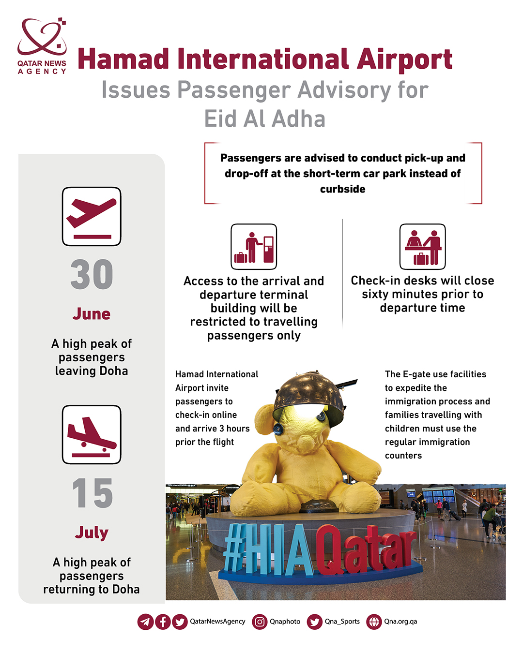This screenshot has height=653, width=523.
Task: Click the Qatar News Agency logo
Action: click(x=42, y=46)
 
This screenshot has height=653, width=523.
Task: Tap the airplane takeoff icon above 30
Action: click(x=92, y=216)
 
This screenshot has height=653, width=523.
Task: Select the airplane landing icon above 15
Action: click(x=92, y=434)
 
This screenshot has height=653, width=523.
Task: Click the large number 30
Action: click(x=92, y=275)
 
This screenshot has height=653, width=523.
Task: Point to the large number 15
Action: click(x=92, y=493)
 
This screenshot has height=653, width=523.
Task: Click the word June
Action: click(x=92, y=314)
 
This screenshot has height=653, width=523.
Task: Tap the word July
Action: click(x=92, y=533)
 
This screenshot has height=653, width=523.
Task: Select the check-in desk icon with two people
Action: click(x=422, y=247)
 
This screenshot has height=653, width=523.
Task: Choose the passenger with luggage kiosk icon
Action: click(x=254, y=247)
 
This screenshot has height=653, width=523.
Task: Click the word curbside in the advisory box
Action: click(x=342, y=189)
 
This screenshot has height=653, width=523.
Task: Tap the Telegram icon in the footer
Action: click(x=145, y=622)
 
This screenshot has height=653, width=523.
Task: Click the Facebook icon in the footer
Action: click(x=163, y=622)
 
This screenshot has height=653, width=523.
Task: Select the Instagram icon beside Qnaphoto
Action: click(x=260, y=622)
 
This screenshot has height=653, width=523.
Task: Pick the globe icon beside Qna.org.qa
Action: click(x=374, y=622)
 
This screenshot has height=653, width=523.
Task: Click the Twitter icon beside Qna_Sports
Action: click(x=315, y=622)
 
